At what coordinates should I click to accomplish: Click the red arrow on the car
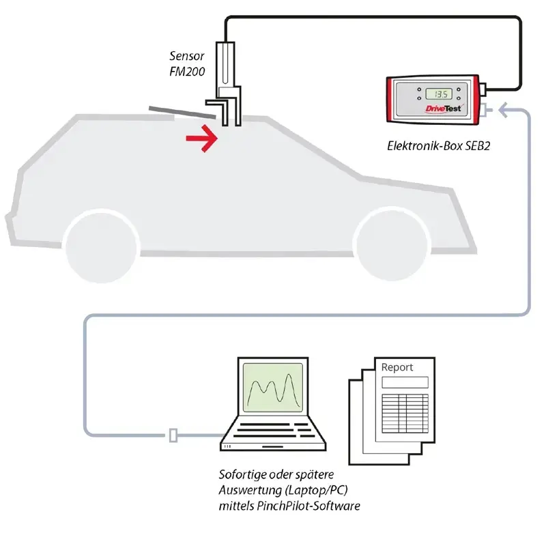(202, 139)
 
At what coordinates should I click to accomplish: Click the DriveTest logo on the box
(435, 109)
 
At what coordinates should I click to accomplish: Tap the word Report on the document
(397, 367)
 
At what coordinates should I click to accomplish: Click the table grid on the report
(404, 412)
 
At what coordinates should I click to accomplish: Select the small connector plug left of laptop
(173, 435)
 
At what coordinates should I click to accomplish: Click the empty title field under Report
(405, 382)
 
